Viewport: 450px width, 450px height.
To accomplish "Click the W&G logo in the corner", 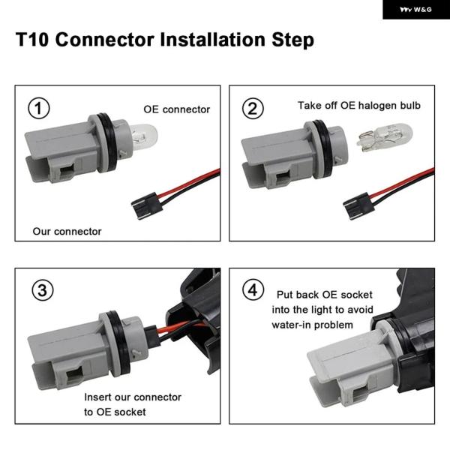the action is click(x=415, y=10).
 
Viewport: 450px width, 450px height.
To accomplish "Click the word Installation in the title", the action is click(x=212, y=39).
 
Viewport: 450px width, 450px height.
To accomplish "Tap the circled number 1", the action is click(x=39, y=108).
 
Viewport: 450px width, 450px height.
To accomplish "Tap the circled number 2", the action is click(x=253, y=108).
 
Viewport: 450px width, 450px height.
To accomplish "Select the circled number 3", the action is click(x=43, y=289).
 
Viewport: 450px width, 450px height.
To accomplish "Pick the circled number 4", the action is click(x=253, y=289).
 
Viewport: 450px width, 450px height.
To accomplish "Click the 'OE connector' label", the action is click(x=176, y=109).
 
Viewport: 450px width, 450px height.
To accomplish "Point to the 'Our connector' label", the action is click(x=67, y=231).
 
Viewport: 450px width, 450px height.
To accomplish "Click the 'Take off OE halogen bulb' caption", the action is click(x=359, y=105).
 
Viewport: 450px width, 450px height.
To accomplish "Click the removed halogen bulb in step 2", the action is click(x=385, y=137).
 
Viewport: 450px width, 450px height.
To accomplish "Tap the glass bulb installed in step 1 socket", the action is click(x=144, y=136).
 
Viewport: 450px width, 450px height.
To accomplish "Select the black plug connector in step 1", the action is click(x=147, y=205).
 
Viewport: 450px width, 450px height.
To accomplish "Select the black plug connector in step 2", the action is click(x=358, y=205).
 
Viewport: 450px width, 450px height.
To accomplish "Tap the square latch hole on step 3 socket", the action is click(x=74, y=376).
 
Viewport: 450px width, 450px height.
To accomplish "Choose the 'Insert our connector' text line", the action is click(x=133, y=397).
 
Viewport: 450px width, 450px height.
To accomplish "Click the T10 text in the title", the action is click(x=32, y=39).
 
